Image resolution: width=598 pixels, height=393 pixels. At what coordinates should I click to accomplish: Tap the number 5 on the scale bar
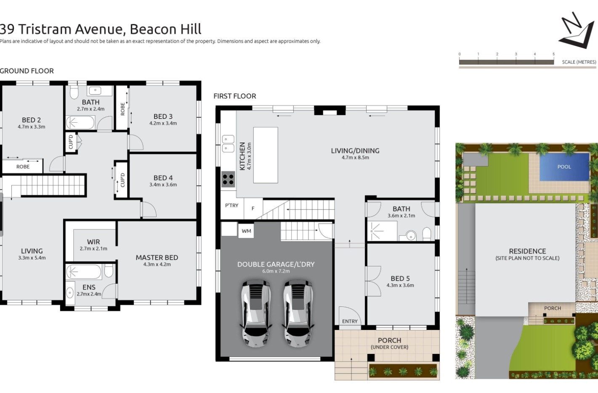pos(553,54)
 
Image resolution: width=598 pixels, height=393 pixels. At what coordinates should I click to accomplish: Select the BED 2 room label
pos(31,120)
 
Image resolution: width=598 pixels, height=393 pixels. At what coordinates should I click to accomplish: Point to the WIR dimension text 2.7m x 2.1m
pos(93,249)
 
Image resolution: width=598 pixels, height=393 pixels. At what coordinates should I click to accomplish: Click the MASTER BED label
pos(157,258)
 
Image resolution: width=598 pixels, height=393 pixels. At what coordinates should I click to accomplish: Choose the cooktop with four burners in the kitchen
pos(228,179)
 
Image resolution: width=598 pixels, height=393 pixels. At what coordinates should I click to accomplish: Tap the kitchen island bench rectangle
pos(266,155)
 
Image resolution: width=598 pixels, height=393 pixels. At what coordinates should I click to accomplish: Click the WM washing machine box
pos(246,231)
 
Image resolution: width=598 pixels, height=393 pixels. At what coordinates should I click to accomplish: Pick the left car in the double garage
pos(256,314)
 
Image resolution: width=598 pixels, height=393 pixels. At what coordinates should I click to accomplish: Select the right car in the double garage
pos(298,314)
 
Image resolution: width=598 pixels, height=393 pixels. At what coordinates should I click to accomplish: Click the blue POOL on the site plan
pos(564,167)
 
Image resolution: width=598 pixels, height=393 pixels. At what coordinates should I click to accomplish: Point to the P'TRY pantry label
pos(231,206)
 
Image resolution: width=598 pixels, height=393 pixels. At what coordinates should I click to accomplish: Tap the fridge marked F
pos(253,208)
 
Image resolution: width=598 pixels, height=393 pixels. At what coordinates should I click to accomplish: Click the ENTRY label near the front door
pos(350,321)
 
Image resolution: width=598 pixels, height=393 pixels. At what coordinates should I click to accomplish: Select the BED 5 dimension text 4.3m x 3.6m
pos(400,285)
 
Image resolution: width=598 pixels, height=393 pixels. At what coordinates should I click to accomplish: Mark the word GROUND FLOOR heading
pos(27,71)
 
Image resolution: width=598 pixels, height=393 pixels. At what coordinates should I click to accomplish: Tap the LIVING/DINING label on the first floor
pos(355,150)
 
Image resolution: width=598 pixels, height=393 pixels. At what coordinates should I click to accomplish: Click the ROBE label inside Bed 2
pos(23,166)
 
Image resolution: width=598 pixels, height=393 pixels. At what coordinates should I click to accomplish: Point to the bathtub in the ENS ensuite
pos(84,272)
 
